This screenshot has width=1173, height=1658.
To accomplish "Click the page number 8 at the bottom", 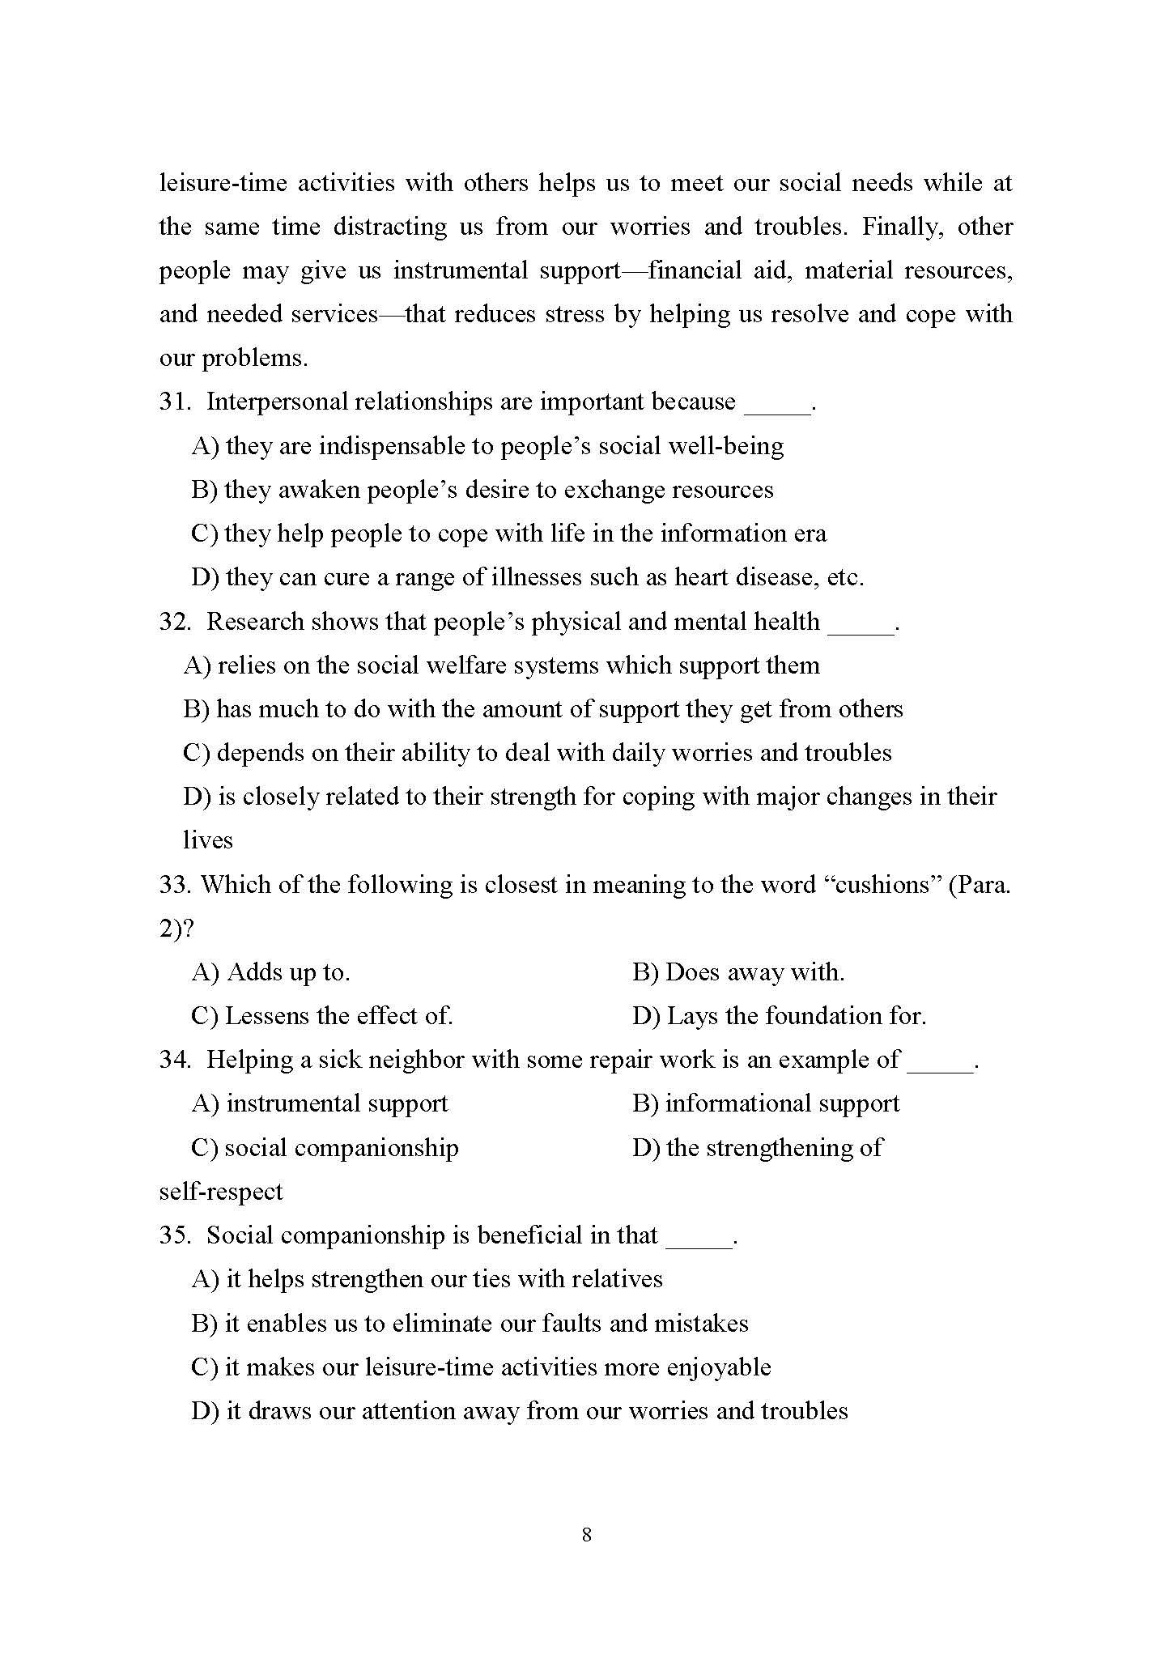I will pyautogui.click(x=586, y=1534).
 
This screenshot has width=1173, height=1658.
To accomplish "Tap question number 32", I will pyautogui.click(x=174, y=622).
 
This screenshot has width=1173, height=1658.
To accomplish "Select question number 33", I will pyautogui.click(x=174, y=885).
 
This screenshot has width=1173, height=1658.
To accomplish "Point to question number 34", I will pyautogui.click(x=174, y=1060).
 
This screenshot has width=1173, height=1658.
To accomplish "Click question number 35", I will pyautogui.click(x=174, y=1235).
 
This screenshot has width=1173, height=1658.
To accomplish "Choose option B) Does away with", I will pyautogui.click(x=738, y=972).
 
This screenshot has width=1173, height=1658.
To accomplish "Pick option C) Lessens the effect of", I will pyautogui.click(x=322, y=1016).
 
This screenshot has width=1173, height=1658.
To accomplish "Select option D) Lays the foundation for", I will pyautogui.click(x=779, y=1016).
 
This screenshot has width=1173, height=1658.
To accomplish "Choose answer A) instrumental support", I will pyautogui.click(x=320, y=1104).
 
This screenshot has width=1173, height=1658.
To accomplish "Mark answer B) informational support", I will pyautogui.click(x=766, y=1104).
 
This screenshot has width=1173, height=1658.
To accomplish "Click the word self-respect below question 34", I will pyautogui.click(x=220, y=1192).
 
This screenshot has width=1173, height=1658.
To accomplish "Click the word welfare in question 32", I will pyautogui.click(x=463, y=665).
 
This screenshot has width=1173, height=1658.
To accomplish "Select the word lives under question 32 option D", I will pyautogui.click(x=207, y=840).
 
